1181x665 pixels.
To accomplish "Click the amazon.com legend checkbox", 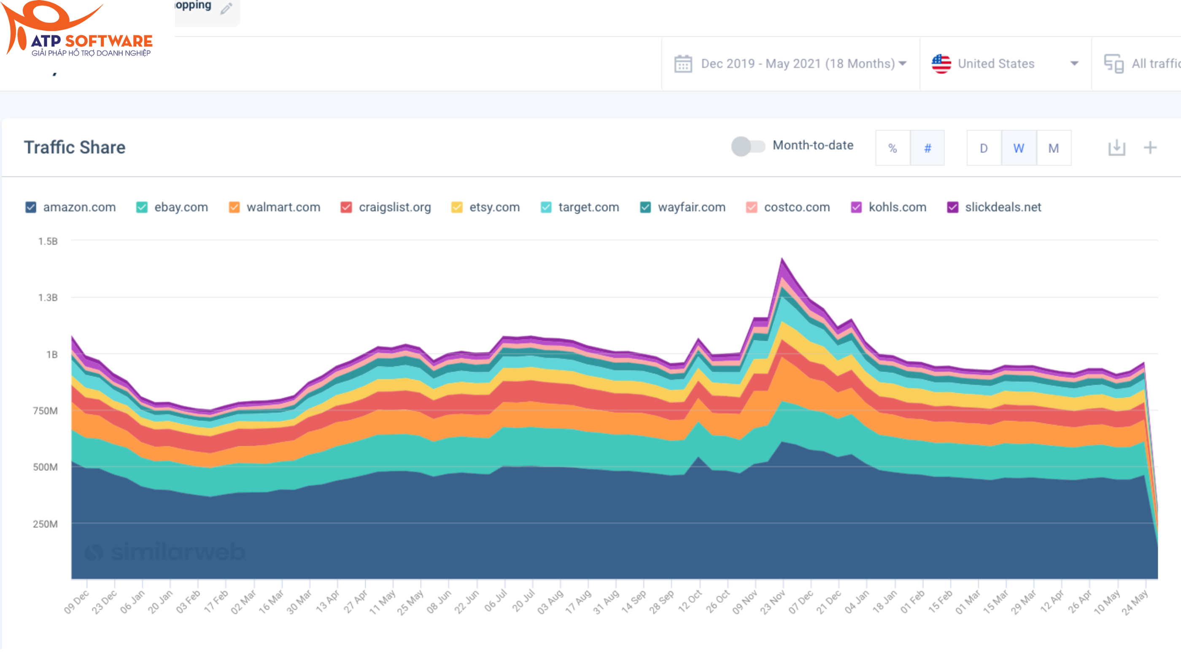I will [31, 207].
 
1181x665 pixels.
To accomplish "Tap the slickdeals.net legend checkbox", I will [953, 207].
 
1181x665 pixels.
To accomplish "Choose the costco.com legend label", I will [796, 207].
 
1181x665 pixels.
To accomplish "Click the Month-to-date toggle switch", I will [748, 147].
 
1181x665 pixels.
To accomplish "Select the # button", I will [927, 148].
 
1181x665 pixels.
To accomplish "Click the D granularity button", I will [984, 148].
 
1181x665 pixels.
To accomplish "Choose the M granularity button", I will [1054, 148].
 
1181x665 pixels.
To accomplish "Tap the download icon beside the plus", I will [1116, 148].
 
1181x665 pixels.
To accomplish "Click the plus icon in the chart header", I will [1150, 148].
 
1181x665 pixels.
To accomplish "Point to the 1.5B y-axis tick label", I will [48, 242].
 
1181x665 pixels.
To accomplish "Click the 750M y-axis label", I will [45, 411].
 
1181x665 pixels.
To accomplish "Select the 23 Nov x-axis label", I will [773, 602].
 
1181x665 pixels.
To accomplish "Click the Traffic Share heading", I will [75, 147].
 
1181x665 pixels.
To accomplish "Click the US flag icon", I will [941, 64].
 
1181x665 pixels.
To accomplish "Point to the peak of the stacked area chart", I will [782, 260].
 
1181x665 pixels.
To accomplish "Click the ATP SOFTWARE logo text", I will [92, 41].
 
